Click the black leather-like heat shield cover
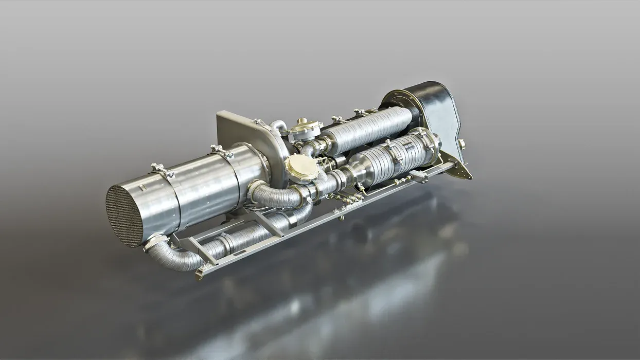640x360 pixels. tap(435, 111)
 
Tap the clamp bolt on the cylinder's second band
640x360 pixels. tap(220, 150)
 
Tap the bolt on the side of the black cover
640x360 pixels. tap(461, 144)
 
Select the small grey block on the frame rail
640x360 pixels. tap(419, 178)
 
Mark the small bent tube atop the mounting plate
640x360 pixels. tap(279, 125)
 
